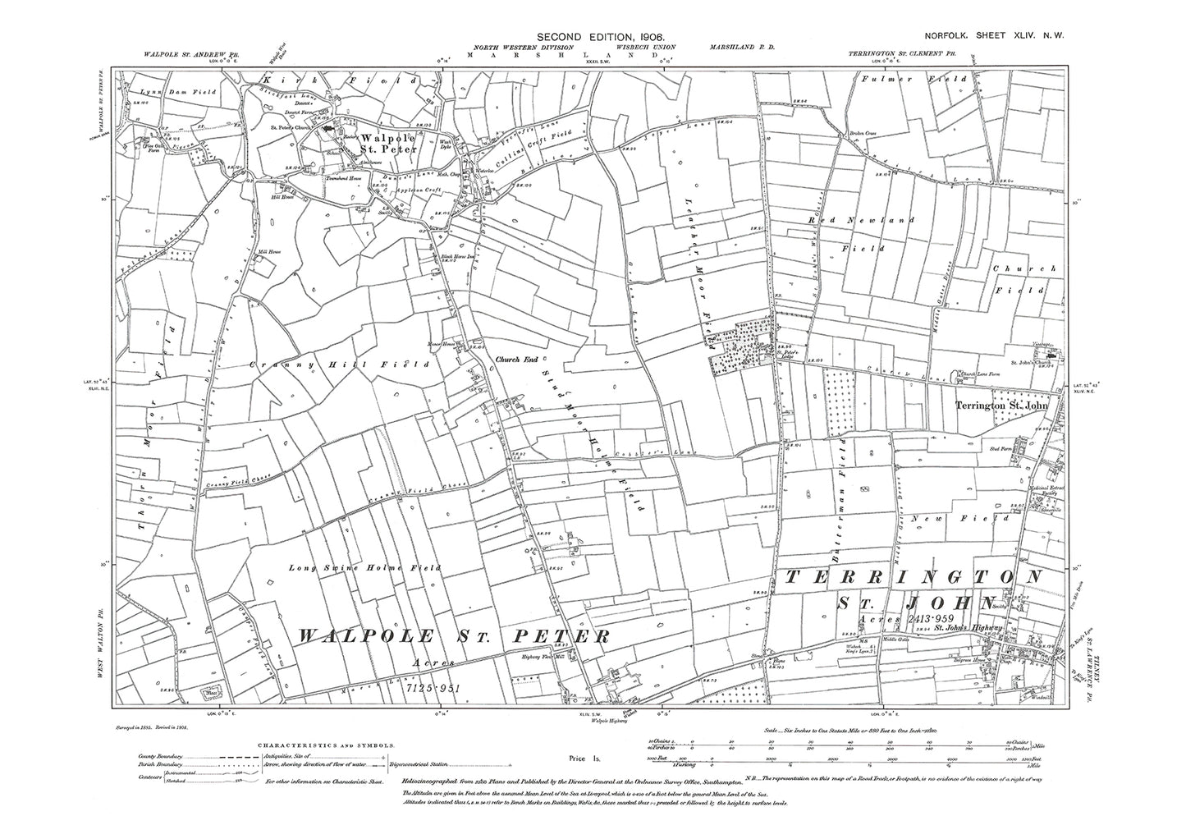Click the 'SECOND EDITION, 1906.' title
tap(595, 38)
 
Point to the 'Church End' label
tap(515, 359)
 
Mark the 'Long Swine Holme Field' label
tap(364, 567)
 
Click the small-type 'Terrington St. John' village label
tap(1003, 405)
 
